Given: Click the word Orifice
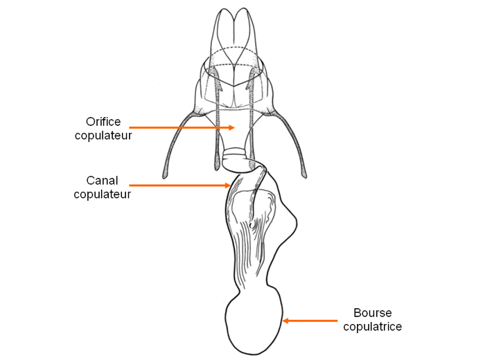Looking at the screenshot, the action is click(103, 122).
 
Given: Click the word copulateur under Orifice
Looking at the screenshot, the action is click(103, 136).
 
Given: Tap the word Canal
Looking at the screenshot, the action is click(102, 181).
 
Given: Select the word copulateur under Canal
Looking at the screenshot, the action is click(102, 194).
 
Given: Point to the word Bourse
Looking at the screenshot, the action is click(373, 313).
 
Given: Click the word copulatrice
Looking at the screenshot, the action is click(373, 326).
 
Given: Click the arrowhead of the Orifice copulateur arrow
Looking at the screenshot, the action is click(232, 127).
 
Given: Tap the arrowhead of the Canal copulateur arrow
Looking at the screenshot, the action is click(228, 186).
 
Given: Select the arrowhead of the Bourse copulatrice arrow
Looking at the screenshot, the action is click(285, 321).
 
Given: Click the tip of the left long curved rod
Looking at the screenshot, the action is click(164, 177).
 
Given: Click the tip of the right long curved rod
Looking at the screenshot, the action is click(305, 177).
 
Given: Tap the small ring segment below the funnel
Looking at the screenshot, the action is click(234, 152).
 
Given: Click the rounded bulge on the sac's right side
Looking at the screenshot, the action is click(291, 221).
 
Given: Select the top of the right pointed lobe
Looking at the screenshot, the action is click(244, 8).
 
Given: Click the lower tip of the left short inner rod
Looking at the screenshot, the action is click(216, 169).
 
